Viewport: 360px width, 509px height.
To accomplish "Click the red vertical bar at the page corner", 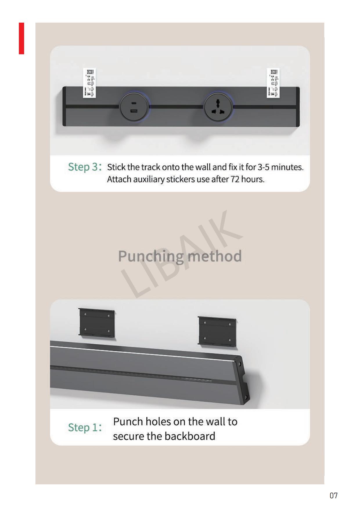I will pyautogui.click(x=21, y=38).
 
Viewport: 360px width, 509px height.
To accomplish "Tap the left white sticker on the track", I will pyautogui.click(x=89, y=83).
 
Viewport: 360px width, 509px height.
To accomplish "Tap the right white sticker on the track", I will pyautogui.click(x=273, y=83).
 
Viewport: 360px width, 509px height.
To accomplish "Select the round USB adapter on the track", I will pyautogui.click(x=134, y=107).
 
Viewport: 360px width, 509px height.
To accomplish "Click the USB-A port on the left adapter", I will pyautogui.click(x=134, y=111).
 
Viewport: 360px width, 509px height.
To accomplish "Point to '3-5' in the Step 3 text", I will pyautogui.click(x=263, y=167).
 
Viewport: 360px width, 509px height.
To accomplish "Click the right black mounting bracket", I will pyautogui.click(x=217, y=331).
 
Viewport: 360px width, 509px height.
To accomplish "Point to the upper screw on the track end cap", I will pyautogui.click(x=239, y=364).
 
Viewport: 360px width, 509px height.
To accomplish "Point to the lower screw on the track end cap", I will pyautogui.click(x=246, y=397).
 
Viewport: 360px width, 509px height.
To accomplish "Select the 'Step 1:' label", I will pyautogui.click(x=85, y=427).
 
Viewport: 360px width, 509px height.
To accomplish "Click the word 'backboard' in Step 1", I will pyautogui.click(x=193, y=436).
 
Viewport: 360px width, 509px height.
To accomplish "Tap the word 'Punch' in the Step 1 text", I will pyautogui.click(x=128, y=421).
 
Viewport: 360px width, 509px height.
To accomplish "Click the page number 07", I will pyautogui.click(x=334, y=495).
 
